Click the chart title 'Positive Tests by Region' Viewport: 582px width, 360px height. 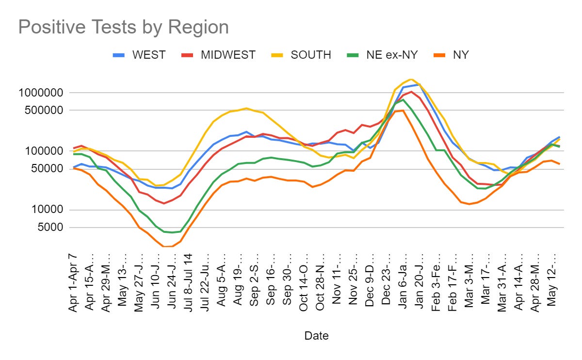123,27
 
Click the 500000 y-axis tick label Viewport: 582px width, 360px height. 47,110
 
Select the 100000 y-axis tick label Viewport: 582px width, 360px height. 47,151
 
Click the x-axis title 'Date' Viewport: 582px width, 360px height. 316,335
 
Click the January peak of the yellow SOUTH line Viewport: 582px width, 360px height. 411,79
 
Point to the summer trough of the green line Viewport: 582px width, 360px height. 172,232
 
